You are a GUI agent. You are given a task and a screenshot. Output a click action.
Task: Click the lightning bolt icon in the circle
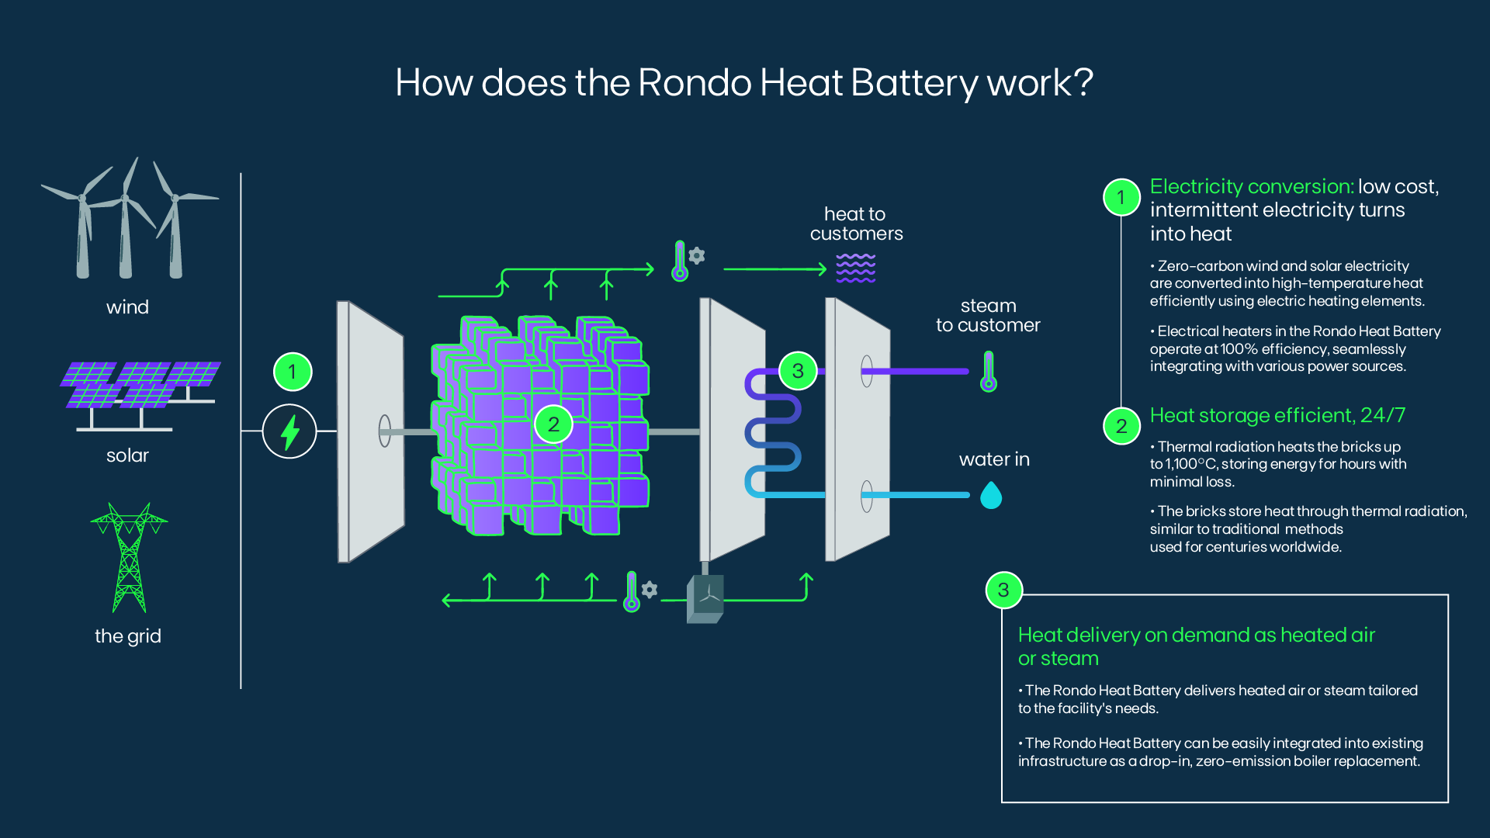289,432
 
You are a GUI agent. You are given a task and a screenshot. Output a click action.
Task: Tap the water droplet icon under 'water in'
991,495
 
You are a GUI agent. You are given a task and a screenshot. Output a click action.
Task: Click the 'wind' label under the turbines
127,307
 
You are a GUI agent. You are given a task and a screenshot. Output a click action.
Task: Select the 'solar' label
127,455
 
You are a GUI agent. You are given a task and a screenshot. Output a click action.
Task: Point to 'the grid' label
127,636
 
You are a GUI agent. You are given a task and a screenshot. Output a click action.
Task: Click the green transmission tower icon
129,557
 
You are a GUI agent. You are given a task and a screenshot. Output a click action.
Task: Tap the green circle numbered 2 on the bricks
553,424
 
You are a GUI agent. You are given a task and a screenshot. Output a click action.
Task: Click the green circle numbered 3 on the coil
797,371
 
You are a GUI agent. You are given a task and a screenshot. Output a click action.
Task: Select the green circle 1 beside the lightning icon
293,372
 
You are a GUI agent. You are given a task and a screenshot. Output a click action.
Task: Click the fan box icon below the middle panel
705,598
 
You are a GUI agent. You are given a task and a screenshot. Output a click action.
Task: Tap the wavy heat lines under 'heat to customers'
855,268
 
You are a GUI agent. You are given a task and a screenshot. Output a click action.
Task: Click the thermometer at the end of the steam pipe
988,372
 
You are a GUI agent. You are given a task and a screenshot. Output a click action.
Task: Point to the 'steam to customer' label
987,316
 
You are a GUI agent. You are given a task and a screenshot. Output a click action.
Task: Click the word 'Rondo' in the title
694,83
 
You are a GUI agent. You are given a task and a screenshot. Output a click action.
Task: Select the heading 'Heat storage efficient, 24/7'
1277,416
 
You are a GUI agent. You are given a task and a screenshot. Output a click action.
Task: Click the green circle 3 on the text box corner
1003,590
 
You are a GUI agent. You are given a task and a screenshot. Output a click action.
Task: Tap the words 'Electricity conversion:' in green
1251,187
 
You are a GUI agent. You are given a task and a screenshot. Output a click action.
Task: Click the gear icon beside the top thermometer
697,255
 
